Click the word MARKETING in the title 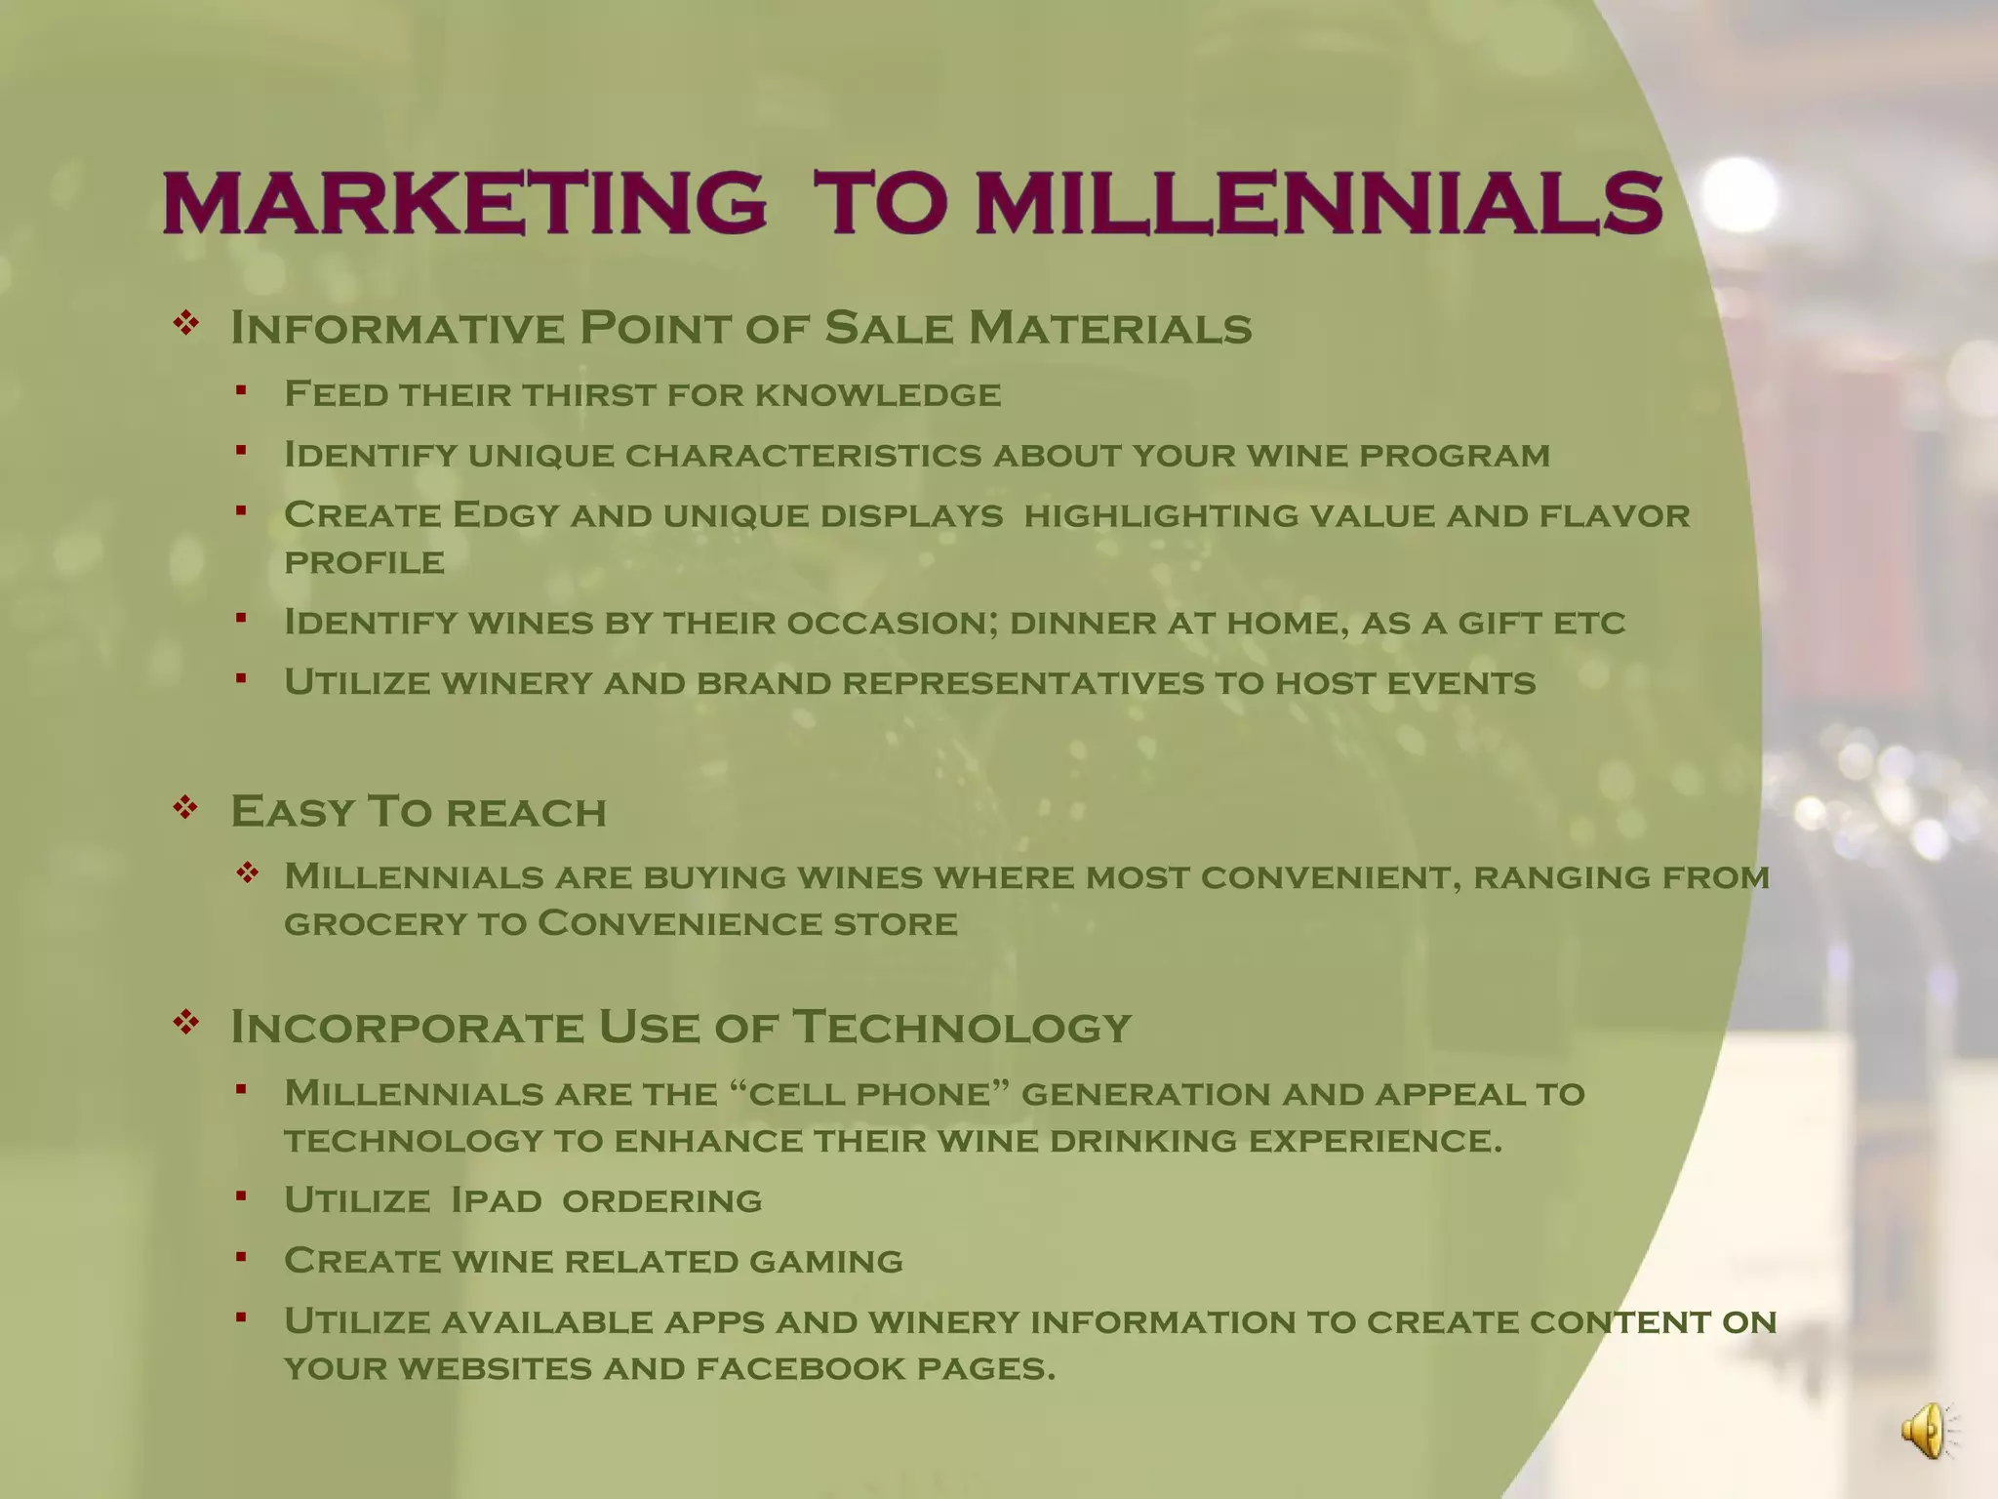tap(464, 203)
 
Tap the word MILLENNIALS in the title tap(1318, 203)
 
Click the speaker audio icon tap(1926, 1431)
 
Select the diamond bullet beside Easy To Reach tap(185, 807)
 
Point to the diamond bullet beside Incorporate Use tap(185, 1022)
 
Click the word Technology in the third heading tap(961, 1027)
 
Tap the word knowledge tap(878, 394)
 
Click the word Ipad tap(496, 1200)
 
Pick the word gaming tap(825, 1261)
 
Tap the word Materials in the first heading tap(1109, 328)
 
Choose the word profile tap(364, 562)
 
